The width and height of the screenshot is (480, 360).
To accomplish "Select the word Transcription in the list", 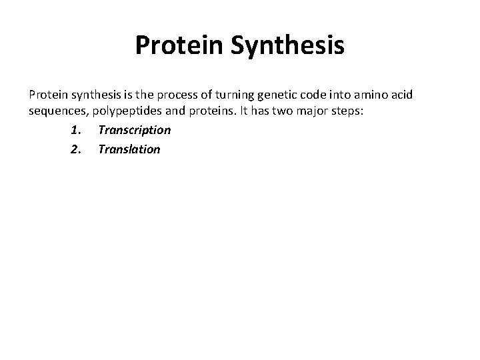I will tap(134, 130).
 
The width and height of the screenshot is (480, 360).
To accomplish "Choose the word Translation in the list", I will tap(129, 149).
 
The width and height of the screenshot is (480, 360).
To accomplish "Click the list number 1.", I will tap(74, 130).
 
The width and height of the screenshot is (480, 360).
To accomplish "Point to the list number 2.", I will tap(74, 149).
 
